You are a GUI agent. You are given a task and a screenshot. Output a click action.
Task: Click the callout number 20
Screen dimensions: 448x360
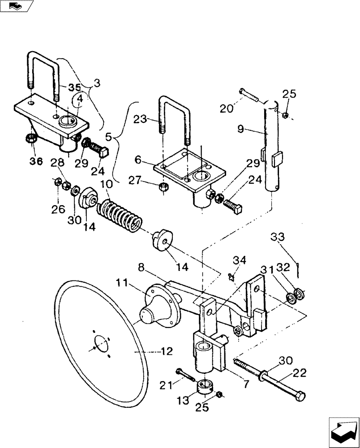(227, 108)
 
